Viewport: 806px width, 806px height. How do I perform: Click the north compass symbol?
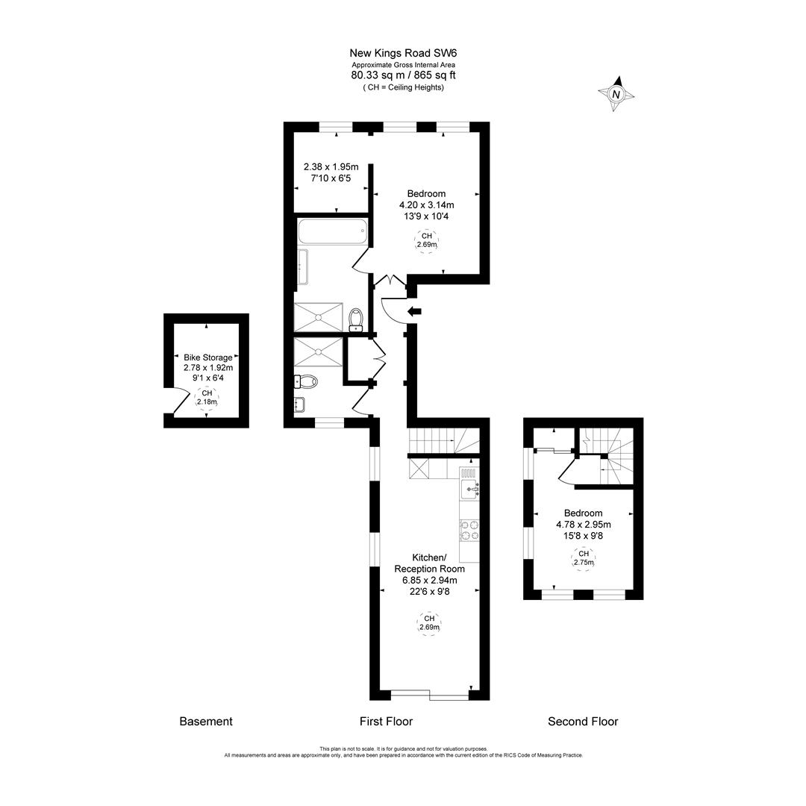tap(616, 94)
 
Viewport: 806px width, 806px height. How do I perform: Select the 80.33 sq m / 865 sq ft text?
tap(404, 75)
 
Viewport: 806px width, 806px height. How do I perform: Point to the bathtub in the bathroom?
tap(333, 231)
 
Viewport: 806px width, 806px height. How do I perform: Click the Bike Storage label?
tap(208, 357)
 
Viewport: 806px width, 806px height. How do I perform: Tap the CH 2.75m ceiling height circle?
tap(584, 558)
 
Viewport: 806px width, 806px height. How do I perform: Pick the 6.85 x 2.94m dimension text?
tap(425, 580)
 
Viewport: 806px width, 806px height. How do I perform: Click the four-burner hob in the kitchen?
tap(469, 529)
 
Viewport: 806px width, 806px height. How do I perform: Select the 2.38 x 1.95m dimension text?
tap(331, 167)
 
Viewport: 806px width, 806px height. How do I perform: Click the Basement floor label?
tap(206, 722)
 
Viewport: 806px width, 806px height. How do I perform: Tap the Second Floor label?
tap(583, 722)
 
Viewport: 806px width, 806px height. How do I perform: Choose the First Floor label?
tap(386, 722)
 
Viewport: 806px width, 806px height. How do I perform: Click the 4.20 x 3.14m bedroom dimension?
tap(426, 205)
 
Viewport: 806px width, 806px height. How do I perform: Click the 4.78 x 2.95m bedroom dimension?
tap(584, 525)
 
